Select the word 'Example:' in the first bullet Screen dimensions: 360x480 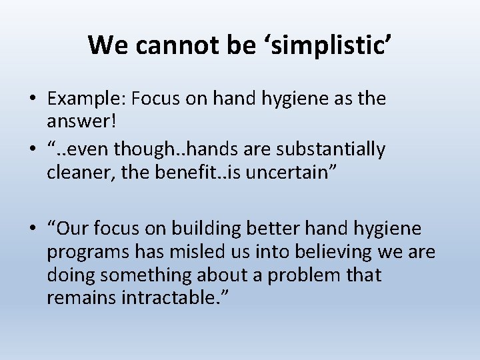tap(87, 99)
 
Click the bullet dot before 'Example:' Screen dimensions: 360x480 tap(33, 99)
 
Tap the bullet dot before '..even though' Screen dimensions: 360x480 tap(33, 150)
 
